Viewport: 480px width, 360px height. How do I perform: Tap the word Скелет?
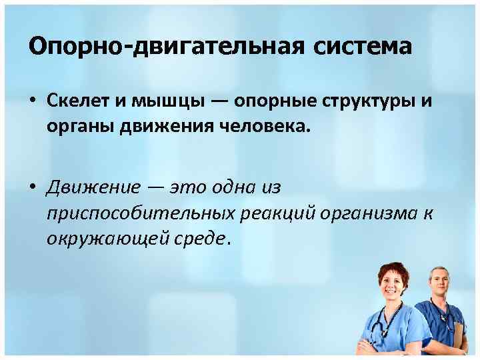(x=79, y=102)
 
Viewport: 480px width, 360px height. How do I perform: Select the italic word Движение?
(x=91, y=187)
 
